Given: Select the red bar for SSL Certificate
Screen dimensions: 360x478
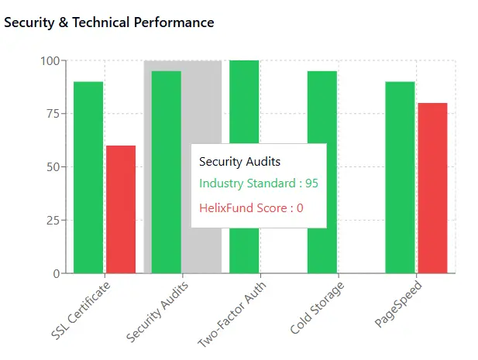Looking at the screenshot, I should (121, 209).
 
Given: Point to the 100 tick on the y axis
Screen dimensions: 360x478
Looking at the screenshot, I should (50, 60).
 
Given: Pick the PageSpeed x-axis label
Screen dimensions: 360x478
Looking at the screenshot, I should (395, 304).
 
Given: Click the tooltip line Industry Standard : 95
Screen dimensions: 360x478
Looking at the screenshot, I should (258, 183).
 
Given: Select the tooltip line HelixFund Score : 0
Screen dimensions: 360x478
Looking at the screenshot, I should (251, 207).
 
